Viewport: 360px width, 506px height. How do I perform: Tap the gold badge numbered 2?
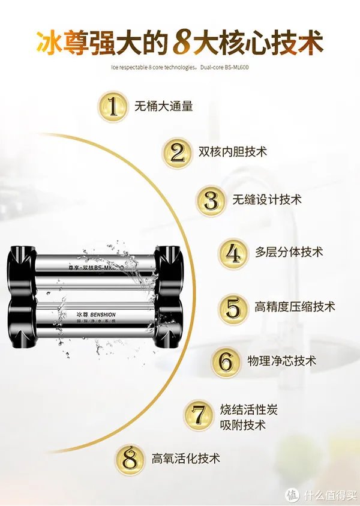[x=176, y=152]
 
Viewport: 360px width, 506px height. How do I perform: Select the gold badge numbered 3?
[x=212, y=199]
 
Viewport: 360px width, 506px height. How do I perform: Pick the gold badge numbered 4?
[x=233, y=253]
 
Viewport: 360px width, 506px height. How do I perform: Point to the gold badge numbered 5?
[x=233, y=307]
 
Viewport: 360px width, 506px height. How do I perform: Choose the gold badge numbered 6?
[x=226, y=362]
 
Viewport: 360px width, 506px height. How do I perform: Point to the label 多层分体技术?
[x=289, y=252]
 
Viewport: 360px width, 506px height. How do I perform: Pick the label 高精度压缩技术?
[x=295, y=307]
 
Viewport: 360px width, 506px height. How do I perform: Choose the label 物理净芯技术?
[x=281, y=361]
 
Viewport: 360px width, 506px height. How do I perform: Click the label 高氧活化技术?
[x=185, y=458]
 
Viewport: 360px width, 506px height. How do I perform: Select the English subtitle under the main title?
[x=179, y=67]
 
